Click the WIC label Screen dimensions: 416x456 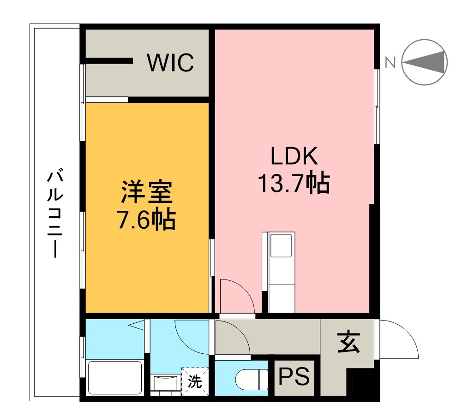(x=170, y=63)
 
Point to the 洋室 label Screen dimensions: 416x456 (x=147, y=193)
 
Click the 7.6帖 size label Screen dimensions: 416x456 (x=147, y=220)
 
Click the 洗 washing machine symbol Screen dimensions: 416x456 (x=196, y=382)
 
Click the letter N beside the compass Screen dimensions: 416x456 (x=390, y=62)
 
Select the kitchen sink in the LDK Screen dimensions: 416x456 (x=281, y=245)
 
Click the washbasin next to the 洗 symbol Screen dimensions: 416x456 (x=165, y=383)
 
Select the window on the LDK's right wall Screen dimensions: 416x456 (x=376, y=106)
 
